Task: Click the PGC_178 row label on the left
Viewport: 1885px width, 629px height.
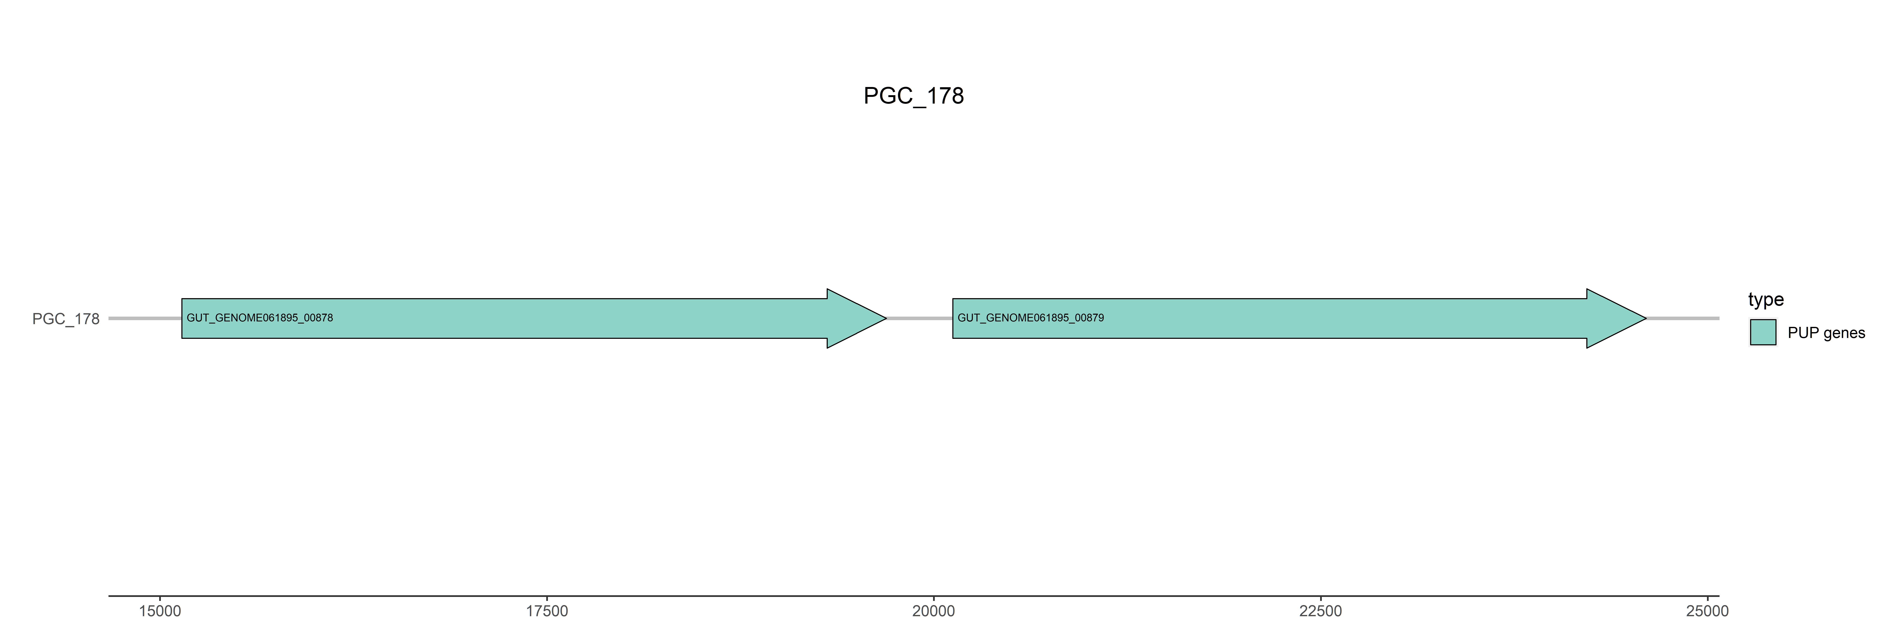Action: [x=66, y=319]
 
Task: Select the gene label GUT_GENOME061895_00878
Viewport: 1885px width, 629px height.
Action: [x=260, y=318]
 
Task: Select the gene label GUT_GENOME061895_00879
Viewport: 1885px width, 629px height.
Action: [x=1030, y=318]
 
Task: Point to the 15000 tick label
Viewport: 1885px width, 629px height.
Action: [x=160, y=611]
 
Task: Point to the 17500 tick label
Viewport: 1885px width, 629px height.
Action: [x=547, y=611]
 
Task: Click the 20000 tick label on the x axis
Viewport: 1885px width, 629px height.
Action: [x=934, y=611]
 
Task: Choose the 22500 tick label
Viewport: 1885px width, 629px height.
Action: [x=1321, y=611]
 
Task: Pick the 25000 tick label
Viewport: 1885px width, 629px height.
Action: [x=1707, y=611]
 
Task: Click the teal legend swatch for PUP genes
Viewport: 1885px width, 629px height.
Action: [x=1763, y=333]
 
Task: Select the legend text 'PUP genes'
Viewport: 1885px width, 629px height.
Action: [x=1826, y=333]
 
